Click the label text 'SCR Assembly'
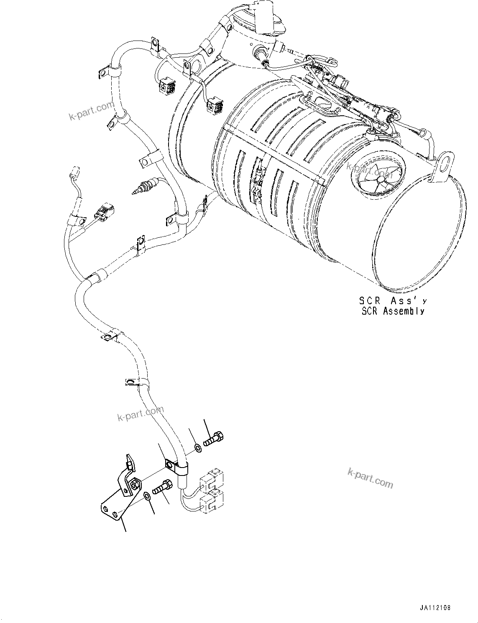click(x=393, y=311)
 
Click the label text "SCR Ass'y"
click(x=393, y=300)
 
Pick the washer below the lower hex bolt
click(x=148, y=496)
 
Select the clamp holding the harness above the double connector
click(x=177, y=468)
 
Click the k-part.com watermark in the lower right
click(x=370, y=478)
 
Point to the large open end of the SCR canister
click(x=422, y=234)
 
